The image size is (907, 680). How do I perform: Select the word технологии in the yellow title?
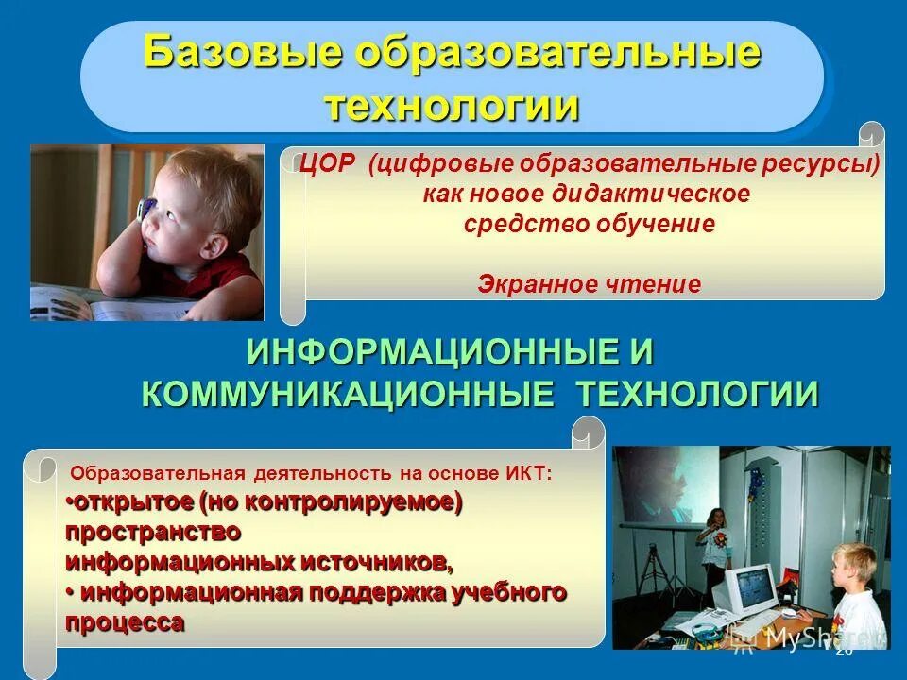(452, 106)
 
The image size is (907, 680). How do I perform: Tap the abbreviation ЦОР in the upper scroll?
(328, 164)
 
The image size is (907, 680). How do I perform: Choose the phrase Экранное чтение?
(590, 283)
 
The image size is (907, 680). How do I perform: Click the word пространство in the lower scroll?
(152, 531)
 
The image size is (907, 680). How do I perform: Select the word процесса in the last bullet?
(125, 623)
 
